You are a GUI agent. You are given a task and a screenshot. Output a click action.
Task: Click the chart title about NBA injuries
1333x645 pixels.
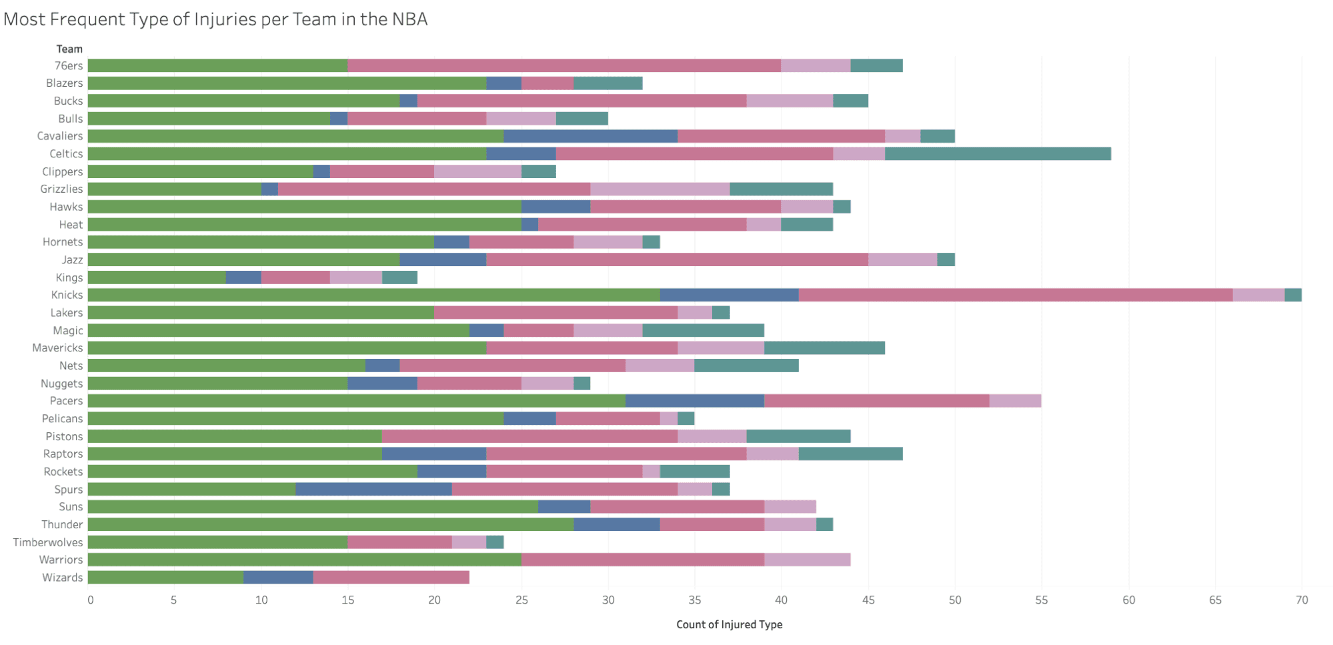tap(215, 19)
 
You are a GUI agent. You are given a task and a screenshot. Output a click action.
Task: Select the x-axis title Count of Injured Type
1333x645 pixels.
tap(729, 624)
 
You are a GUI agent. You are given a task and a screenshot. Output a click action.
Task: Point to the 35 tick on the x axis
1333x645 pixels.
tap(695, 600)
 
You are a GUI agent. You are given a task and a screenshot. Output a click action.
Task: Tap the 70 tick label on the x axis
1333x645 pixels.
tap(1302, 600)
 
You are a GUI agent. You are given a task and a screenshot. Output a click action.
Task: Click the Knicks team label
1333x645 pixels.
tap(67, 295)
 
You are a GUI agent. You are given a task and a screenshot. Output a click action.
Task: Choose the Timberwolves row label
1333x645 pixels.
tap(48, 542)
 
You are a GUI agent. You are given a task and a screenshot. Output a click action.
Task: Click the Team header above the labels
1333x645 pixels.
tap(69, 49)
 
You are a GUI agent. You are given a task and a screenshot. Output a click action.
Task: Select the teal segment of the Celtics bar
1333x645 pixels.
tap(998, 153)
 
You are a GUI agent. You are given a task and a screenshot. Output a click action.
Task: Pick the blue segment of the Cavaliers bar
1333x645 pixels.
tap(590, 136)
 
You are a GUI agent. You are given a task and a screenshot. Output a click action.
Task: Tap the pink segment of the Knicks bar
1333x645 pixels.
tap(1015, 295)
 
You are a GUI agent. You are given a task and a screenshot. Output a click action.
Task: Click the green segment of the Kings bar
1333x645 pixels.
tap(157, 277)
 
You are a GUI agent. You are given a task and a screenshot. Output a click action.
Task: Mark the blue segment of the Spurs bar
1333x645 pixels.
tap(373, 489)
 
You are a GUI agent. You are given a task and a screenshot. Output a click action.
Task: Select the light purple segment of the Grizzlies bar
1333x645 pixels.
tap(659, 189)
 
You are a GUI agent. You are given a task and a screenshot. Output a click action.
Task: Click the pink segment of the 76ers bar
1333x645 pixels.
tap(564, 65)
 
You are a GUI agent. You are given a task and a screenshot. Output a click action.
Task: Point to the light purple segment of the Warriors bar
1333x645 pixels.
tap(807, 560)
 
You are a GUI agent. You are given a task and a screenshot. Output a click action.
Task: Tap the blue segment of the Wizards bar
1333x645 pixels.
tap(278, 578)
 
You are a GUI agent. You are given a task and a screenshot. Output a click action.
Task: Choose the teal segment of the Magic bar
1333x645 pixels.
tap(703, 330)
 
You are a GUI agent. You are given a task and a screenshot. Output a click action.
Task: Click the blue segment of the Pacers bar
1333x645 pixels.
tap(695, 401)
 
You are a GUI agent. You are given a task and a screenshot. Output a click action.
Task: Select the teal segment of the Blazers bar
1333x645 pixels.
tap(607, 83)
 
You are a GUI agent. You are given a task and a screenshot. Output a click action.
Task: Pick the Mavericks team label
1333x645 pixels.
tap(57, 348)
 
